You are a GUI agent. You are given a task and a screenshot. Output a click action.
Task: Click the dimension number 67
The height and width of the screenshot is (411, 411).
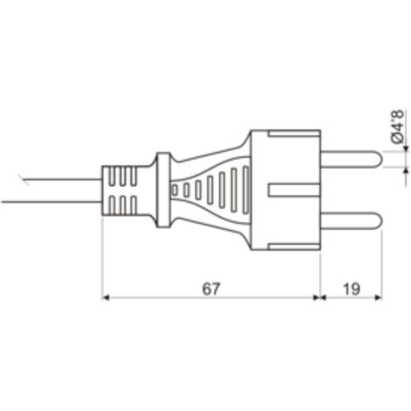pyautogui.click(x=210, y=289)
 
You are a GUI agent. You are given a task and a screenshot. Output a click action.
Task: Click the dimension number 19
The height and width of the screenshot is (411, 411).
pyautogui.click(x=352, y=289)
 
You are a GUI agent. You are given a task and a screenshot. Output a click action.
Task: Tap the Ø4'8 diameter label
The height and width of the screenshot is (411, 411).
pyautogui.click(x=398, y=127)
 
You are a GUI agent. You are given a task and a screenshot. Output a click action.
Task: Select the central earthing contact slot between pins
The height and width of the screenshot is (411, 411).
pyautogui.click(x=295, y=190)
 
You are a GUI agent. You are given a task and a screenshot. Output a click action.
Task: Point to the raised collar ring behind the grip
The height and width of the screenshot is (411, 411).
pyautogui.click(x=163, y=190)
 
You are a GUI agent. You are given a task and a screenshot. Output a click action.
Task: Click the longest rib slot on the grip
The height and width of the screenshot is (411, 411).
pyautogui.click(x=247, y=190)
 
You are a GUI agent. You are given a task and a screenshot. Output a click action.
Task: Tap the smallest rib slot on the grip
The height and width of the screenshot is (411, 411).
pyautogui.click(x=175, y=190)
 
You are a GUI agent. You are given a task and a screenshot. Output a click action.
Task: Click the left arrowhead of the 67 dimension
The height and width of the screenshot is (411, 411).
pyautogui.click(x=106, y=297)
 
